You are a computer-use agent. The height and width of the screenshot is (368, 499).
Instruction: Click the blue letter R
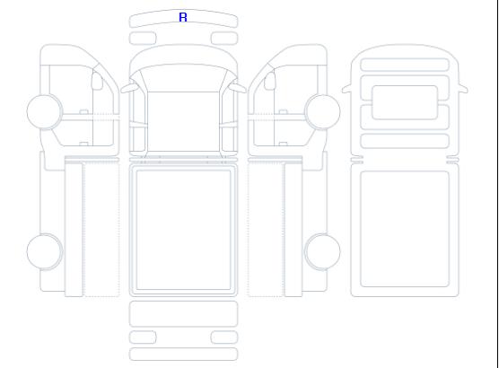tap(183, 17)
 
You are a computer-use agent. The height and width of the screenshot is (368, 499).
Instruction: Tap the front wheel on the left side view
tap(45, 111)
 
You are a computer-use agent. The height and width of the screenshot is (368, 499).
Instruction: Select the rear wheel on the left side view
tap(45, 251)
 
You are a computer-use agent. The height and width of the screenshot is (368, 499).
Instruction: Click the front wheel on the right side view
tap(322, 111)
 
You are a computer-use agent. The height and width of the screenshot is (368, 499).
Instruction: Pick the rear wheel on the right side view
tap(322, 251)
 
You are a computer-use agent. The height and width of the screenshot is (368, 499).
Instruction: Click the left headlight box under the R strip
tap(143, 39)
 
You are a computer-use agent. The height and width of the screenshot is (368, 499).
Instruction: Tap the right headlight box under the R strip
tap(224, 39)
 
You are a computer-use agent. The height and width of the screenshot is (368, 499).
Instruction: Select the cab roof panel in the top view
tap(183, 121)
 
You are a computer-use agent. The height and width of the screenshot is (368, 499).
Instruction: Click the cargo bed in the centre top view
tap(183, 230)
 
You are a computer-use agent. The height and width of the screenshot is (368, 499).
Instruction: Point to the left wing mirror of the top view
tap(129, 88)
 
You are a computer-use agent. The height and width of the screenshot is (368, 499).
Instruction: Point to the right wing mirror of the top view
tap(238, 88)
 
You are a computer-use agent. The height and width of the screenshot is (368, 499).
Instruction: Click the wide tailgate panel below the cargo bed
tap(183, 314)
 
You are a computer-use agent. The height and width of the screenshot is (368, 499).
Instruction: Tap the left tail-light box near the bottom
tap(143, 337)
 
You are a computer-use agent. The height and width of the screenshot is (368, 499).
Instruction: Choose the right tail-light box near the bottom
tap(224, 337)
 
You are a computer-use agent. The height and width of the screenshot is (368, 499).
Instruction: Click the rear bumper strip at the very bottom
tap(183, 355)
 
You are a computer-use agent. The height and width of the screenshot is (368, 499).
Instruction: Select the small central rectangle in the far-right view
tap(405, 102)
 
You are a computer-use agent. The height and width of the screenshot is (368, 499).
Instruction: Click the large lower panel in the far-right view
tap(405, 229)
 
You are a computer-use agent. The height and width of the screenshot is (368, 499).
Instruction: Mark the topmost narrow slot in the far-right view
tap(405, 65)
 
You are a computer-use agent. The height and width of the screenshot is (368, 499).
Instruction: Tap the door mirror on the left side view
tap(97, 81)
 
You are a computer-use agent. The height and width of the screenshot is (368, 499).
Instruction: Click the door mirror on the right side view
tap(270, 81)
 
